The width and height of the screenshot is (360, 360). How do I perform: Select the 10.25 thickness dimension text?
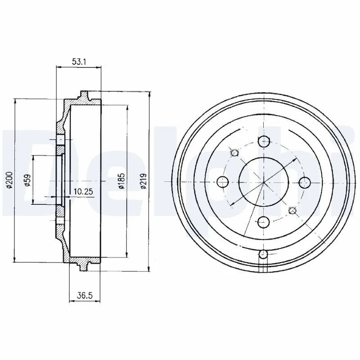(x=83, y=191)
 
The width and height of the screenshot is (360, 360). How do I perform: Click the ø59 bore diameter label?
(x=27, y=180)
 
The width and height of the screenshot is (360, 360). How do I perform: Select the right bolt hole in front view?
(x=305, y=182)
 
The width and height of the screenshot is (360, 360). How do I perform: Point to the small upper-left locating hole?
(x=234, y=153)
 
